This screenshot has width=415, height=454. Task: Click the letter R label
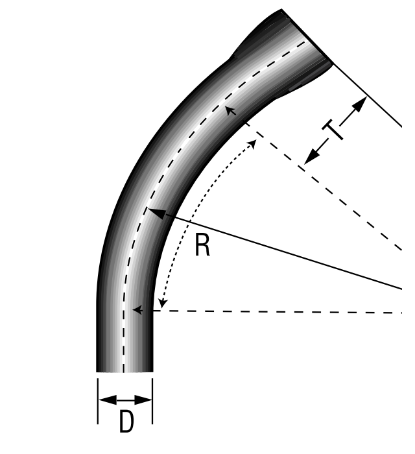pyautogui.click(x=202, y=245)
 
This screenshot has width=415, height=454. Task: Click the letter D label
pyautogui.click(x=126, y=422)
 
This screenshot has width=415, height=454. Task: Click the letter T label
pyautogui.click(x=333, y=130)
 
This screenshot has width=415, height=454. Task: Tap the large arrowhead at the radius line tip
pyautogui.click(x=157, y=213)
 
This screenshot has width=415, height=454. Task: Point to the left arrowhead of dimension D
pyautogui.click(x=108, y=400)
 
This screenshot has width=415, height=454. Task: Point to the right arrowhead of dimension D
pyautogui.click(x=143, y=400)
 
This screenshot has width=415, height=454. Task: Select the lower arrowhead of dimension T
pyautogui.click(x=312, y=157)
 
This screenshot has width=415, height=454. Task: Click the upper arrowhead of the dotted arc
pyautogui.click(x=252, y=143)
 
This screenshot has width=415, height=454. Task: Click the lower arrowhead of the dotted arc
pyautogui.click(x=163, y=304)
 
